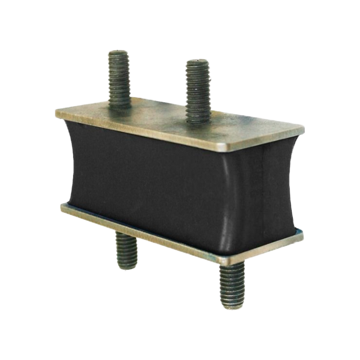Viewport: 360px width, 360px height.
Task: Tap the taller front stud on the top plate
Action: [198, 90]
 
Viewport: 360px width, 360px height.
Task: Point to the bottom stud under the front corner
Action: [232, 283]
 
